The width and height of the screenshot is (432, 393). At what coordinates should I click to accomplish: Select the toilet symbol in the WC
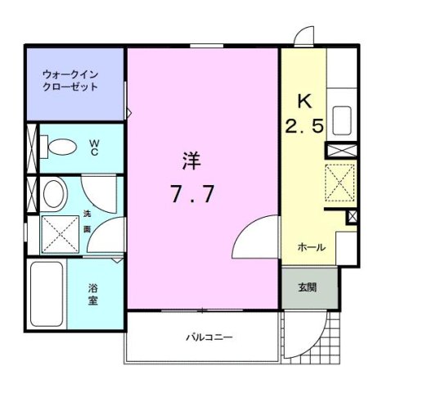click(61, 147)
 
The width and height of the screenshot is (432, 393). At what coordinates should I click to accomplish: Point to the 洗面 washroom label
click(88, 220)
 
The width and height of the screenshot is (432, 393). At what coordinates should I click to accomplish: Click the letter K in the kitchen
click(304, 102)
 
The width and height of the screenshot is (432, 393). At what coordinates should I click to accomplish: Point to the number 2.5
click(304, 128)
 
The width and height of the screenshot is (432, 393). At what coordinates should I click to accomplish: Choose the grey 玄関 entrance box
click(308, 287)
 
